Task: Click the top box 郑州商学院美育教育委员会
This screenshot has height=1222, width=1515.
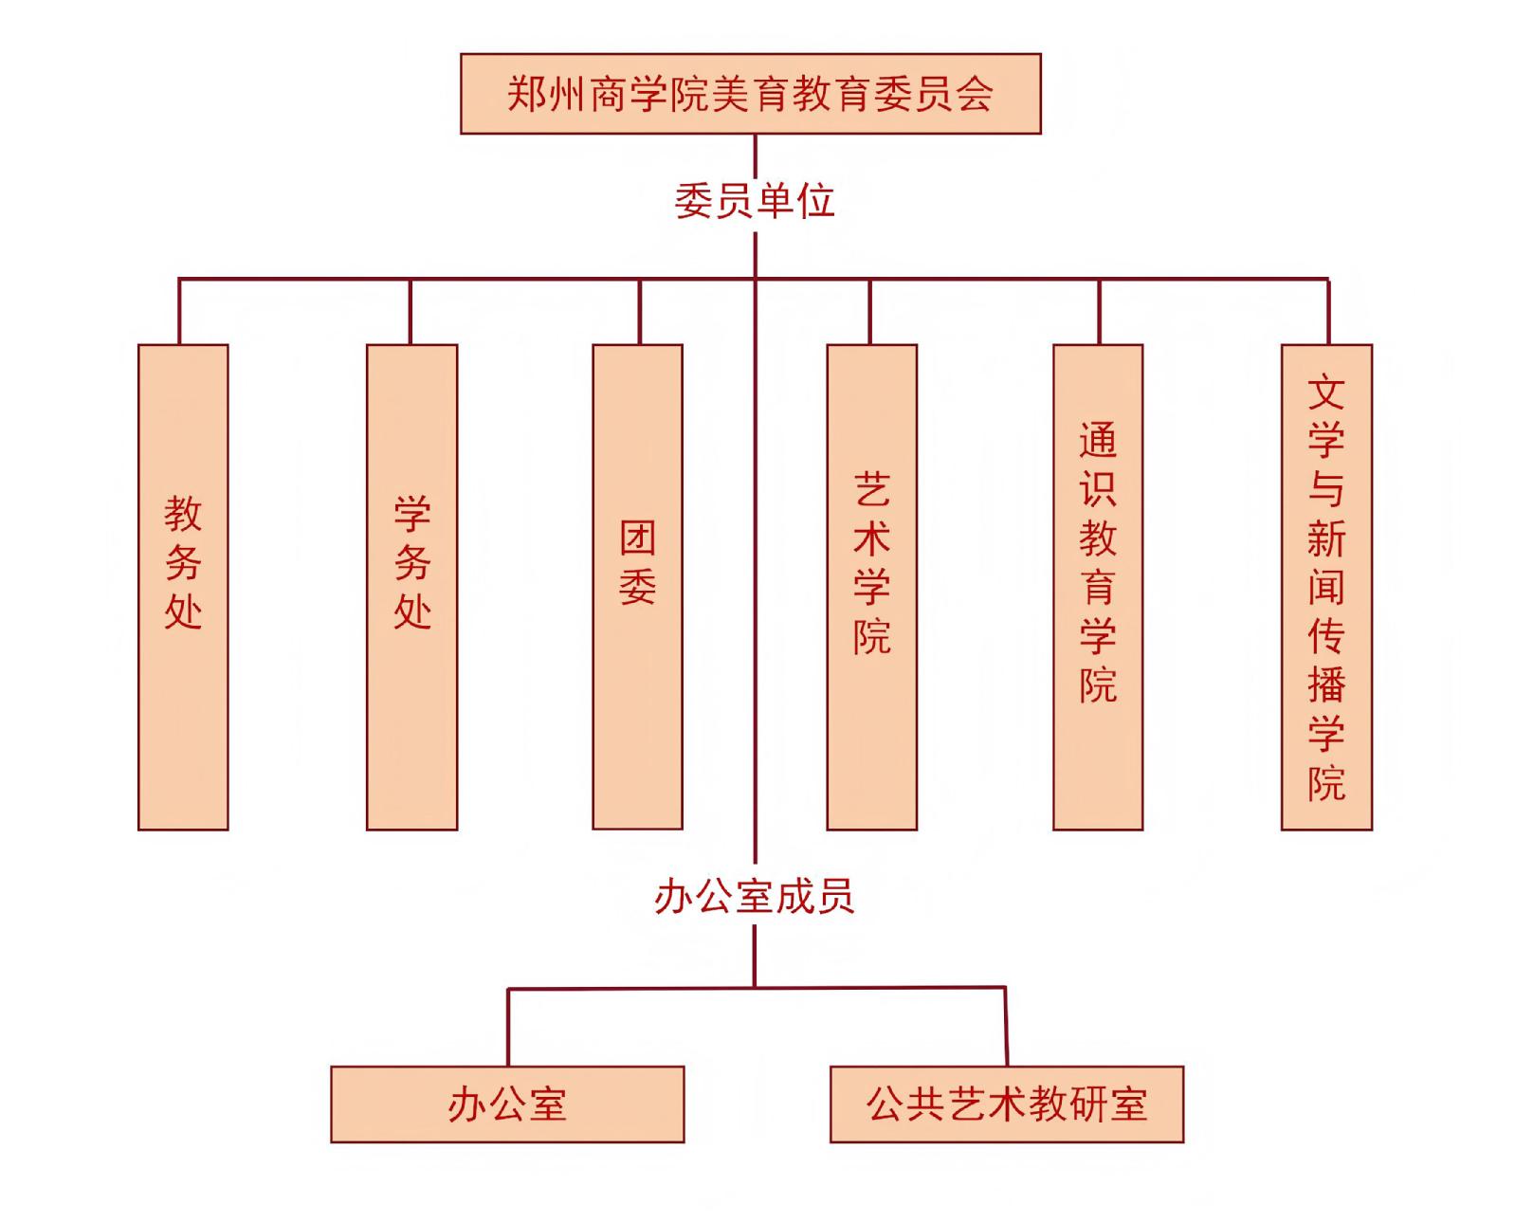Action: (750, 94)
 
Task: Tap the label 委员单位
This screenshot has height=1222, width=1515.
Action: (754, 201)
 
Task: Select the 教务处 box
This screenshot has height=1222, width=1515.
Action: (183, 587)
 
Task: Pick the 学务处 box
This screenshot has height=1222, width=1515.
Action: (411, 587)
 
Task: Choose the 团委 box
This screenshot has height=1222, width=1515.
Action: (637, 587)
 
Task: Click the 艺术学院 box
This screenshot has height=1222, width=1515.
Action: (871, 587)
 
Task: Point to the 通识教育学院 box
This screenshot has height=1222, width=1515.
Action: (1097, 587)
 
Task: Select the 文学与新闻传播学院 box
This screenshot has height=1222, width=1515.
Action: (1326, 587)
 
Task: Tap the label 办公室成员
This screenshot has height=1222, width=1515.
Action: (754, 897)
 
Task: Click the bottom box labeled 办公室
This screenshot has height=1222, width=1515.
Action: (507, 1104)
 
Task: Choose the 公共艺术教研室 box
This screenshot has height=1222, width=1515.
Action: (1006, 1104)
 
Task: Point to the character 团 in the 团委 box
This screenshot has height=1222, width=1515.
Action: (637, 538)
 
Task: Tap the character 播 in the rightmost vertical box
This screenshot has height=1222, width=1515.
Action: (1326, 684)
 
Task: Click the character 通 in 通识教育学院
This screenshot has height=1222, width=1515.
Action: (1097, 440)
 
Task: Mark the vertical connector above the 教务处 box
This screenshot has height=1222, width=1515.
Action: (178, 312)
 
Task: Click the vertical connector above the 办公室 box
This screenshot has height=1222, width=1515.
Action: (508, 1028)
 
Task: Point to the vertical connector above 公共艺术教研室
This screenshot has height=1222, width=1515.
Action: (1005, 1028)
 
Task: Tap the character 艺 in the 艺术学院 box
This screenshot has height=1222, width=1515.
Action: (871, 489)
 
